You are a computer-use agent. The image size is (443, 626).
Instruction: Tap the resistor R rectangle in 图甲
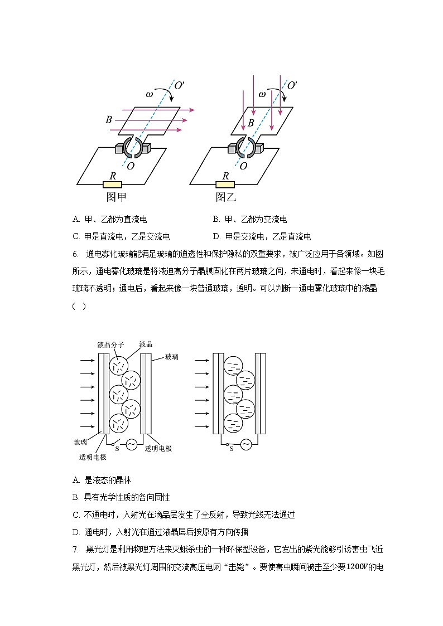click(113, 184)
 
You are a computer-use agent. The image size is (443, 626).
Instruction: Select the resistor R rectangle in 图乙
click(225, 184)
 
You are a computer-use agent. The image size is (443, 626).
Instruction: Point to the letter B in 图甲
click(109, 120)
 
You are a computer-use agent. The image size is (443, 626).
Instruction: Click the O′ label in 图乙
click(292, 85)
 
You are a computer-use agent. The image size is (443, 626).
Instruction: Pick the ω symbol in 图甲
click(150, 94)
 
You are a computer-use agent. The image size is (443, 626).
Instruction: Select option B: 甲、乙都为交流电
click(250, 220)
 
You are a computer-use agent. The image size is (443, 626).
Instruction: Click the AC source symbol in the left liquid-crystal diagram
click(132, 444)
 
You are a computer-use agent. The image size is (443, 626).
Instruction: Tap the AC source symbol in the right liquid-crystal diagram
click(245, 444)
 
